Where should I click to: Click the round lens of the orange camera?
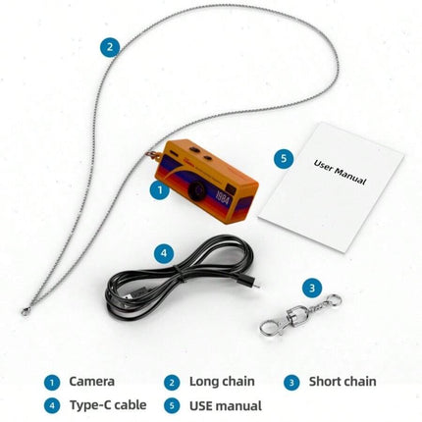point(197,190)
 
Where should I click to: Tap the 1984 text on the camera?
point(223,196)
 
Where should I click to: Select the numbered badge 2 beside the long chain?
point(110,47)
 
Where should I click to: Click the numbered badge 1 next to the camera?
point(160,190)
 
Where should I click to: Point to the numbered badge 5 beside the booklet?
point(284,158)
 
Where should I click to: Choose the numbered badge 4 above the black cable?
point(164,253)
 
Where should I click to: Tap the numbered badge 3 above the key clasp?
point(312,289)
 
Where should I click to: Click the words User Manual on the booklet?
point(340,172)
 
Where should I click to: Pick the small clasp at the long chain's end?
point(26,311)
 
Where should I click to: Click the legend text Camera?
point(92,382)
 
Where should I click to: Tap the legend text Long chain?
point(222,382)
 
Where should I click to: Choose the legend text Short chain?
point(343,382)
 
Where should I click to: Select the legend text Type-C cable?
point(108,405)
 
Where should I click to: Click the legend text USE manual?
point(226,405)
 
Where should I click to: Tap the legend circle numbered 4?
point(52,406)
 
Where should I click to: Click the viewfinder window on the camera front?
point(232,188)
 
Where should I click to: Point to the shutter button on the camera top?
point(195,149)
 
